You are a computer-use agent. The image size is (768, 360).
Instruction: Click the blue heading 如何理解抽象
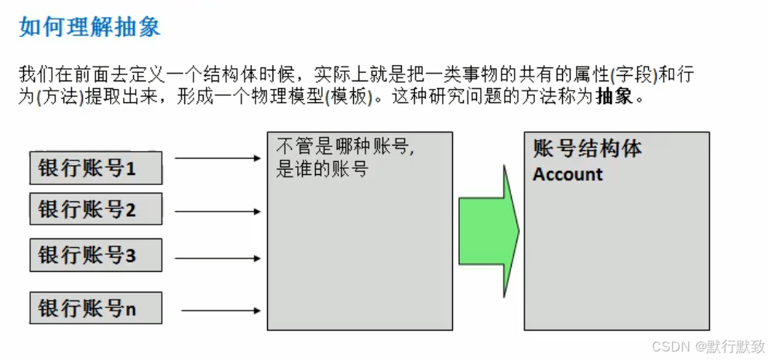click(x=90, y=28)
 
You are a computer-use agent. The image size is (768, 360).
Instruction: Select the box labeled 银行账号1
click(x=96, y=168)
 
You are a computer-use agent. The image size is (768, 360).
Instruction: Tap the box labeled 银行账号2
click(x=96, y=209)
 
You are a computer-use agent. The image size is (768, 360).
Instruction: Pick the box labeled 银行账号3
click(x=96, y=255)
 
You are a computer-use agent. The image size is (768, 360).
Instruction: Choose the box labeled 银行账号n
click(x=96, y=308)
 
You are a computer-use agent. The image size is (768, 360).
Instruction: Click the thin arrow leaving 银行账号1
click(x=218, y=159)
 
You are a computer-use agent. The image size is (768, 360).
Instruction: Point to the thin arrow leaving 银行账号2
click(x=218, y=211)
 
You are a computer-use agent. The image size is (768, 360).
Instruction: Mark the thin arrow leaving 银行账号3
click(x=218, y=258)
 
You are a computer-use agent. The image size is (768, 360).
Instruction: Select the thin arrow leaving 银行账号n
click(x=221, y=311)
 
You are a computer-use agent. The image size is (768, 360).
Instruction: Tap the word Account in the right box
click(x=567, y=174)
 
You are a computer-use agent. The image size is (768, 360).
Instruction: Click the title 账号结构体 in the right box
click(x=587, y=149)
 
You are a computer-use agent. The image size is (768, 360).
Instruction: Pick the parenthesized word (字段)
click(x=631, y=76)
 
